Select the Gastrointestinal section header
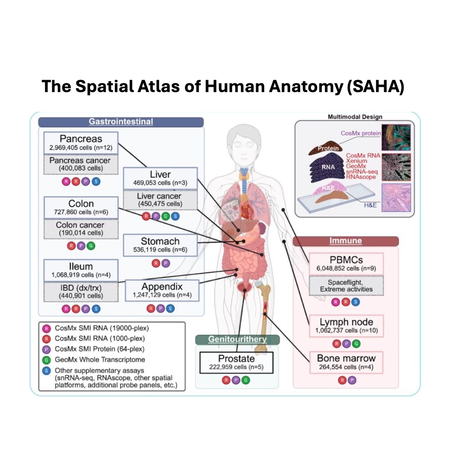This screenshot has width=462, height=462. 121,122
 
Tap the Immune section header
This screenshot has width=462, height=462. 345,241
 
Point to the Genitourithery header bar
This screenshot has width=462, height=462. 237,339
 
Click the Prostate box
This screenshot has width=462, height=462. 236,363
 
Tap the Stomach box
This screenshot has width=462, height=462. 160,245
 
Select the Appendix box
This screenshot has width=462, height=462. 162,290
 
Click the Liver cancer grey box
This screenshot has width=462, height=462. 160,200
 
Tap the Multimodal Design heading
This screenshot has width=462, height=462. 355,117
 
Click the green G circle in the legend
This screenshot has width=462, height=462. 47,359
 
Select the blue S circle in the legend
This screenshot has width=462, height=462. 47,370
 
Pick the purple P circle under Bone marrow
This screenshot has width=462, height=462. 353,380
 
